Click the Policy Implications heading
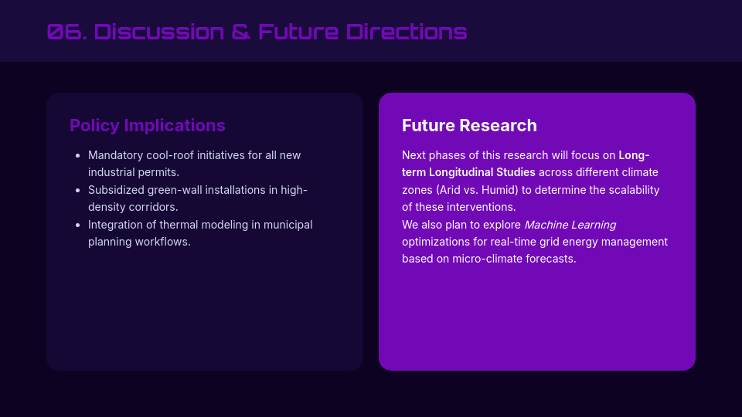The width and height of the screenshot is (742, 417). click(x=148, y=125)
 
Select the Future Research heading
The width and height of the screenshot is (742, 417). click(x=469, y=125)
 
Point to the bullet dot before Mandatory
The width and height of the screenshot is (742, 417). click(x=78, y=155)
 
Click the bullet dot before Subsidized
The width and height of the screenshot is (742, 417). click(x=78, y=190)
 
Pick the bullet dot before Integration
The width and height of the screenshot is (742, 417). click(x=78, y=225)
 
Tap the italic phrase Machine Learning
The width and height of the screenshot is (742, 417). click(x=570, y=225)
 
